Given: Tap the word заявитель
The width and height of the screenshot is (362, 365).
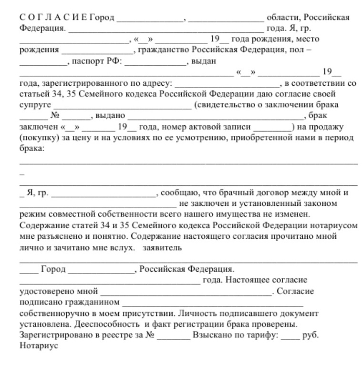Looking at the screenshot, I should pos(163,247).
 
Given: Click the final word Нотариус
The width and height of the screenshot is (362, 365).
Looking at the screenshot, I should pos(38,345).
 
